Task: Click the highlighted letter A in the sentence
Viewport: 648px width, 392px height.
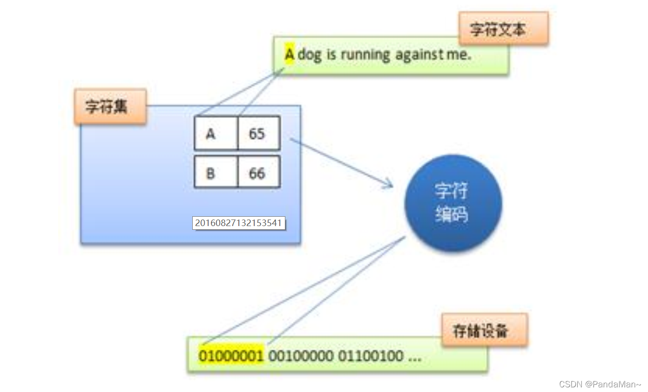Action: click(290, 55)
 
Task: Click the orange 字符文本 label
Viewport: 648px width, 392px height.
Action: click(503, 29)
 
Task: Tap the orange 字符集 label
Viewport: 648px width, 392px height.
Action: click(110, 106)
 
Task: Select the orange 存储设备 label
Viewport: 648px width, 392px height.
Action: click(484, 330)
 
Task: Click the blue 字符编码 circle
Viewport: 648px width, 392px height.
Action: click(452, 203)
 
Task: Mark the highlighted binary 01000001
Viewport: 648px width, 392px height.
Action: click(231, 356)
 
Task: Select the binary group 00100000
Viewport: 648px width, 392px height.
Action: click(301, 356)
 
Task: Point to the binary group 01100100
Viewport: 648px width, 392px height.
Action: click(370, 356)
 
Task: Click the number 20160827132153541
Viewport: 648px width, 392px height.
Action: click(238, 223)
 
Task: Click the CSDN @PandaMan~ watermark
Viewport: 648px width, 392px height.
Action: click(600, 385)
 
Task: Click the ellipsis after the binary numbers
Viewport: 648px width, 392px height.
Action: click(414, 357)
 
